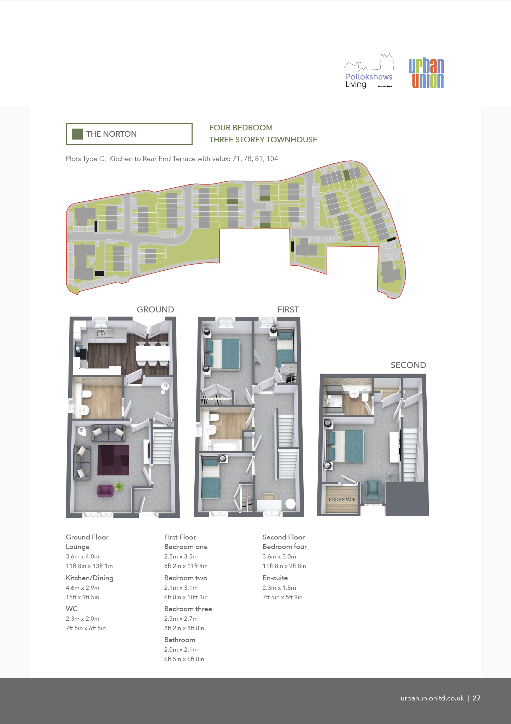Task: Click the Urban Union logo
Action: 426,73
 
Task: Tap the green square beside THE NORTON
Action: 77,134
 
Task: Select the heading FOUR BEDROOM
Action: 241,128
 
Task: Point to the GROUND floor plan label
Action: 155,310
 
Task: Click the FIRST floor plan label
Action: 288,310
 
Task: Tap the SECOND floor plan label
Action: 408,365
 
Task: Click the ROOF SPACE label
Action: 342,499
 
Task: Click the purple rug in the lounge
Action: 113,460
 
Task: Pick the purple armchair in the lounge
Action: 105,490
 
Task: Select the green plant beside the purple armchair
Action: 119,486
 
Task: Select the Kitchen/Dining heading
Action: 90,578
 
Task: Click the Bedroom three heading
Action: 188,609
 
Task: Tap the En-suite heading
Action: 275,578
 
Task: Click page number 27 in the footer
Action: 477,698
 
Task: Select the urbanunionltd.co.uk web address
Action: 432,698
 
